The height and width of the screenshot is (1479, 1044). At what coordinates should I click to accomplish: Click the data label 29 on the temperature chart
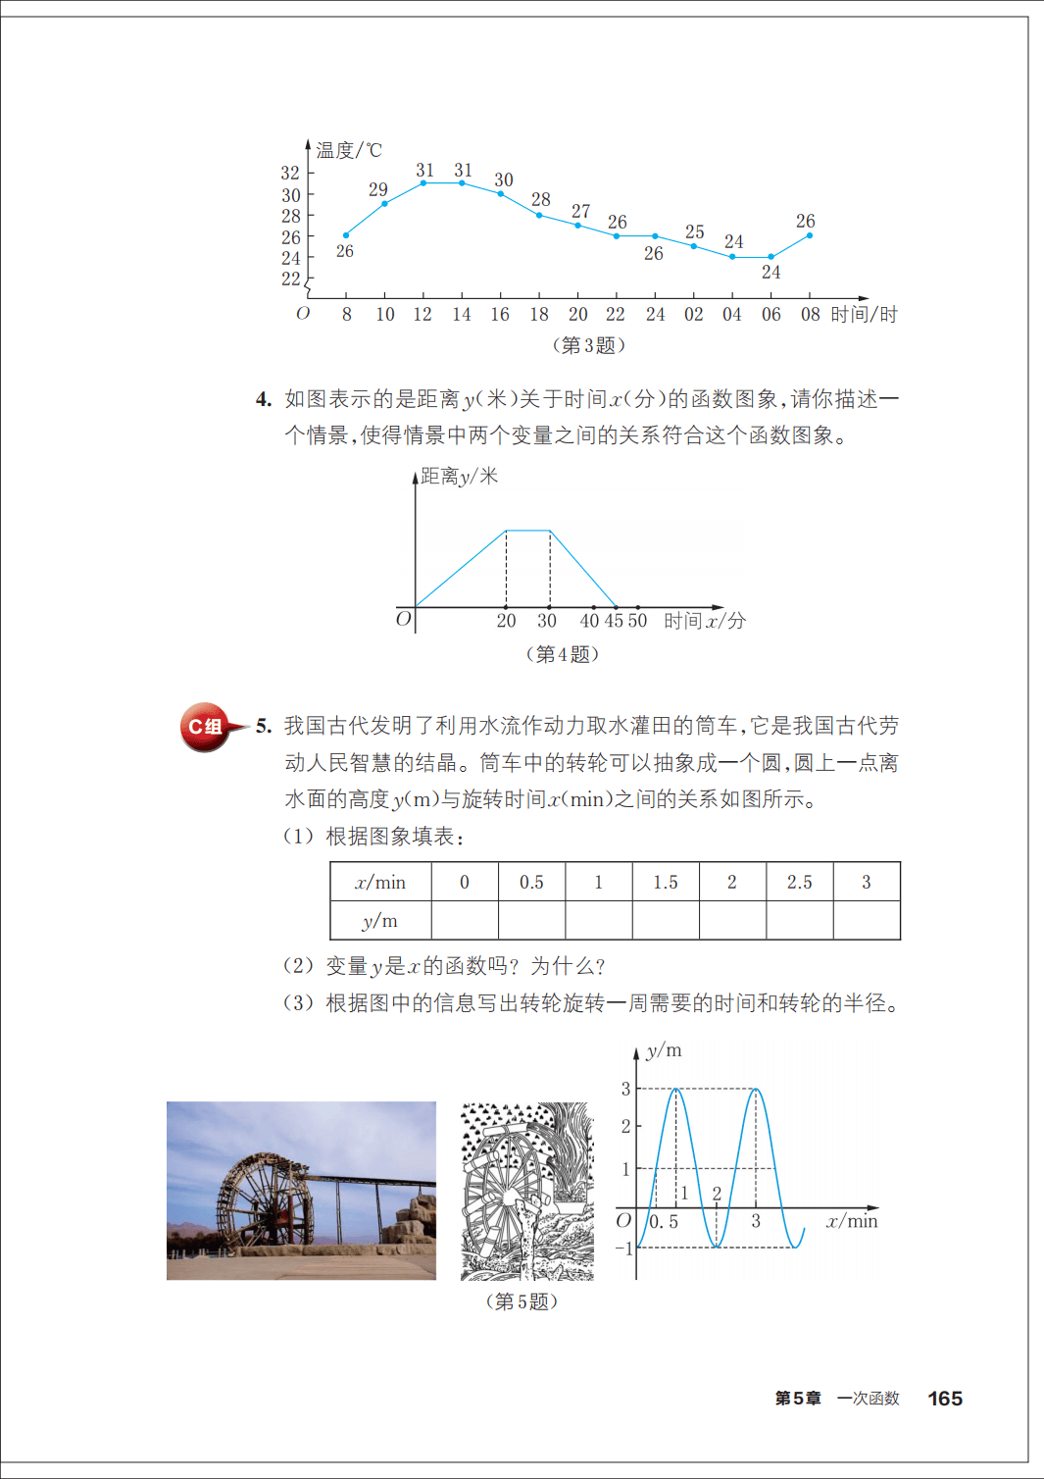pyautogui.click(x=378, y=189)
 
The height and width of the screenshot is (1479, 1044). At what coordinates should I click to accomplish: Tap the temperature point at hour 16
pyautogui.click(x=501, y=194)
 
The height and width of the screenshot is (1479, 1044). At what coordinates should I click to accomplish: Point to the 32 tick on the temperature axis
pyautogui.click(x=290, y=173)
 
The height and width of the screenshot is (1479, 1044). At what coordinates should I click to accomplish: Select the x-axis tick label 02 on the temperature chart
pyautogui.click(x=694, y=314)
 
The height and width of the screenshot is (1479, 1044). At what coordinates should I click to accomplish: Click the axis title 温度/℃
pyautogui.click(x=349, y=150)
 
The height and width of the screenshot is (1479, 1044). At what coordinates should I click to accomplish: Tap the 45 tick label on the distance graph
pyautogui.click(x=614, y=621)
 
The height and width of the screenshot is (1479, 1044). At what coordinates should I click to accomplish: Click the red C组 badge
pyautogui.click(x=206, y=727)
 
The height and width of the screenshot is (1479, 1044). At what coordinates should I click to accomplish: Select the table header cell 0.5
pyautogui.click(x=531, y=882)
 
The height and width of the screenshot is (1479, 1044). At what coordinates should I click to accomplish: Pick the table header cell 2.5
pyautogui.click(x=799, y=882)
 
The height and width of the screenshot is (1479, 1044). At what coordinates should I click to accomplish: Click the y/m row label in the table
pyautogui.click(x=380, y=921)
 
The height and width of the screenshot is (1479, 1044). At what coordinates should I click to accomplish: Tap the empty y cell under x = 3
pyautogui.click(x=867, y=921)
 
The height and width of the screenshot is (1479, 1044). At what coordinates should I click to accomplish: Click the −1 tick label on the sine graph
pyautogui.click(x=624, y=1249)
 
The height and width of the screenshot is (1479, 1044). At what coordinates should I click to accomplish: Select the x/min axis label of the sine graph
pyautogui.click(x=852, y=1221)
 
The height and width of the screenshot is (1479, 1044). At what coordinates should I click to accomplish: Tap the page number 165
pyautogui.click(x=945, y=1399)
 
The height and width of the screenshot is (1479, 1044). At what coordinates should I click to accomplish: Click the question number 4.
pyautogui.click(x=264, y=399)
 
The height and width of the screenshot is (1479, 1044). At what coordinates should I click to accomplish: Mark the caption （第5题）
pyautogui.click(x=522, y=1301)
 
